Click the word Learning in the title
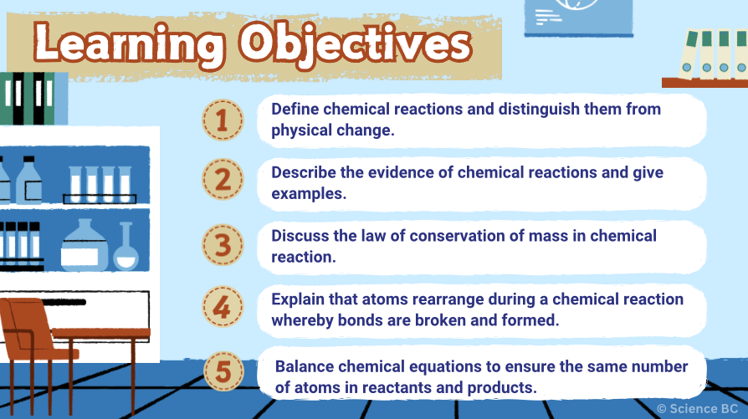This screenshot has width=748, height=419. (x=130, y=44)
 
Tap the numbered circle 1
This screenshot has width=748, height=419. (x=223, y=120)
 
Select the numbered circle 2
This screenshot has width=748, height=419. (x=223, y=181)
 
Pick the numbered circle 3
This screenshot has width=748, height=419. (x=223, y=245)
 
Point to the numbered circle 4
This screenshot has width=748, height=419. (x=223, y=308)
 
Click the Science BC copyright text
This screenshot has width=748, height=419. (x=701, y=408)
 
